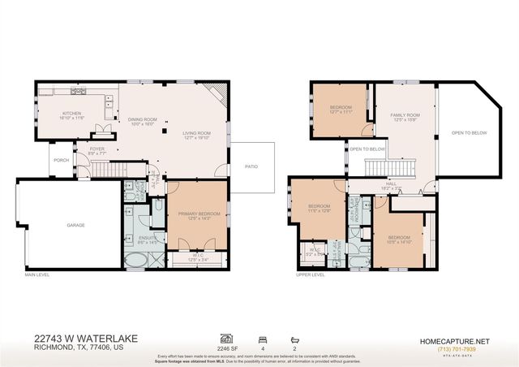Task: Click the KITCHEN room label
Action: [72, 114]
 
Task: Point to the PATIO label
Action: [251, 166]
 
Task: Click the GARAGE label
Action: [76, 225]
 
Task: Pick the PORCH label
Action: [61, 160]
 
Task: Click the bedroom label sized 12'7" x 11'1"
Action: [341, 110]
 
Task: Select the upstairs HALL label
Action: [391, 185]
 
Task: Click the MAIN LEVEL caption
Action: [36, 274]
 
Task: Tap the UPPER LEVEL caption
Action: [311, 274]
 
